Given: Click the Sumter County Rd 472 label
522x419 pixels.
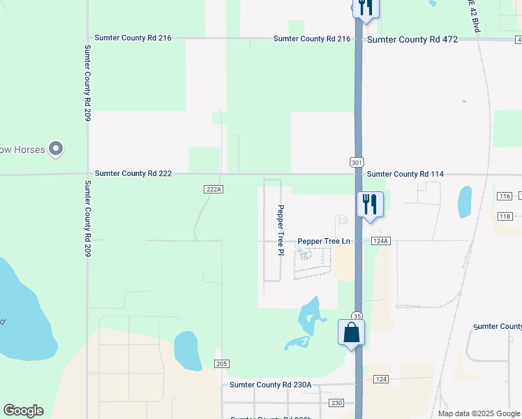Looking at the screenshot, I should pos(412,39).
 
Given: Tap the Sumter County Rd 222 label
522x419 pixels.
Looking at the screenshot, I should pos(133,173).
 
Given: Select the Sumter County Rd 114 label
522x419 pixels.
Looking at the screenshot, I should pos(405,174).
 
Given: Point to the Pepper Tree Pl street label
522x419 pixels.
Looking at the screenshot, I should pos(281,230).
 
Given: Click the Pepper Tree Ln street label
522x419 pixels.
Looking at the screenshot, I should pos(323,241).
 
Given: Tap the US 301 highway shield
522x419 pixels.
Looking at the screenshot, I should pos(357,162).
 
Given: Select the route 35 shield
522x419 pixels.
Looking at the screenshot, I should pos(357,316).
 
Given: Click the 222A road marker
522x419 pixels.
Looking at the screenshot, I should pos(214,189).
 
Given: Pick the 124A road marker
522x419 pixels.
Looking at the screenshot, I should pos(380,241).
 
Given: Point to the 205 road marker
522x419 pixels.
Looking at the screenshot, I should pos(222,363).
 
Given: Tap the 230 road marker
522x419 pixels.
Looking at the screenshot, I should pos(337,403).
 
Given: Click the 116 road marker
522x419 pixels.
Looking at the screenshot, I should pos(505,196).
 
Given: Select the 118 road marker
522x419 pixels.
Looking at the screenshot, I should pos(505,216).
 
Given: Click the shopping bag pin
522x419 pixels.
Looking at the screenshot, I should pos(352,332).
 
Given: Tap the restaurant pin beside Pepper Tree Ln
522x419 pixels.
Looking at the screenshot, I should pos(370,205).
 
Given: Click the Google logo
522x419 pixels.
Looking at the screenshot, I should pos(23,411).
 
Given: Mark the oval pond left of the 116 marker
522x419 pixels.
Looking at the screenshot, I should pos(465,202).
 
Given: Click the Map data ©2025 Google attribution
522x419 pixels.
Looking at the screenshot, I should pos(478,413).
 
